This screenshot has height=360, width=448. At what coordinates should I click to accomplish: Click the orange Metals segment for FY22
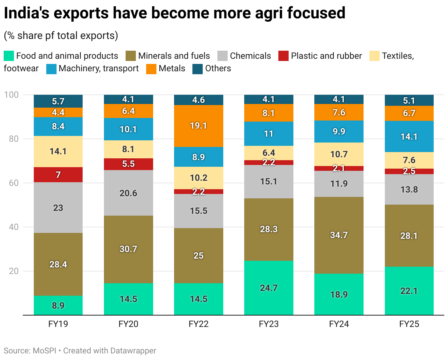click(199, 126)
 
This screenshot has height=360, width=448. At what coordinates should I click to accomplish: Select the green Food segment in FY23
click(269, 288)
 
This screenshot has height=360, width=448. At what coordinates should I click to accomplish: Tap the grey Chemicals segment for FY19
click(58, 208)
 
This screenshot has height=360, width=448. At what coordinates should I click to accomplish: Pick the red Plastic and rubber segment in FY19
click(58, 175)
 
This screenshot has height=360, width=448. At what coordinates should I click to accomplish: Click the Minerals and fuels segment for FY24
click(339, 235)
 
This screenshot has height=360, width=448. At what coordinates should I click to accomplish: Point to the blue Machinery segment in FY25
click(409, 136)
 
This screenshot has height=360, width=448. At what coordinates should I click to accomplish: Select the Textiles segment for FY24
click(339, 154)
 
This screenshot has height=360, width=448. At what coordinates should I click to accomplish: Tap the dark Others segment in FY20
click(129, 99)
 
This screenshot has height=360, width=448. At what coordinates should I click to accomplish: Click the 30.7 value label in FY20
click(129, 249)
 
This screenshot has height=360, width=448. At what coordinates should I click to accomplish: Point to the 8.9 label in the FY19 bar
click(58, 306)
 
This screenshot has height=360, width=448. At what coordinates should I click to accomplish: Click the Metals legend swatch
click(151, 69)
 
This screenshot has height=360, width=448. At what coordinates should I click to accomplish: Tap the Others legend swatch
click(198, 69)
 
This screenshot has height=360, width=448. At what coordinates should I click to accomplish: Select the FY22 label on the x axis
click(199, 324)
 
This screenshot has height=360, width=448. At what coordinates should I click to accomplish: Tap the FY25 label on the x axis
click(409, 324)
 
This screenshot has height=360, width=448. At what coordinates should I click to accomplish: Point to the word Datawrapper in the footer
click(133, 351)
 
